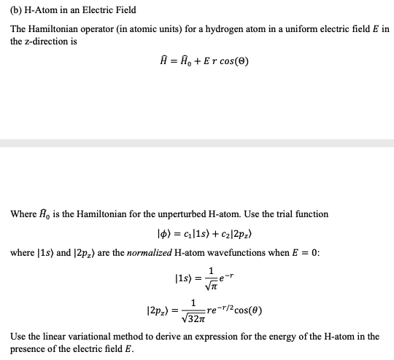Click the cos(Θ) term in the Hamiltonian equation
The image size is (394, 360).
pyautogui.click(x=229, y=61)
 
